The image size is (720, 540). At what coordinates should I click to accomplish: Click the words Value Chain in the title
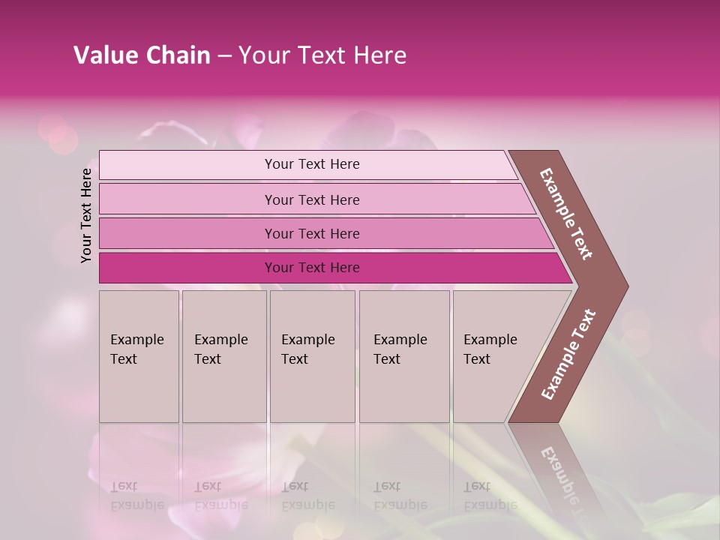(142, 55)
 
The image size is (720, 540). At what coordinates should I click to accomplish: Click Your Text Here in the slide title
(322, 55)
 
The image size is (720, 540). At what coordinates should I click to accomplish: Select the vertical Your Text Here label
(86, 215)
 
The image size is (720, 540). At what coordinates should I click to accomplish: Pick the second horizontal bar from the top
(312, 199)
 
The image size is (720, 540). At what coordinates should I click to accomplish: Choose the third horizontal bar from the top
(312, 233)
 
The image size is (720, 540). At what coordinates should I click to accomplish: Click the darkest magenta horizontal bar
(312, 268)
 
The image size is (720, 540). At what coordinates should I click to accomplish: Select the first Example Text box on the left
(139, 355)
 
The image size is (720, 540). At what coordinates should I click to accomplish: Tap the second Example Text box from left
(223, 355)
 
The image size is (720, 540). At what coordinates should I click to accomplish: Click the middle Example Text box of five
(312, 355)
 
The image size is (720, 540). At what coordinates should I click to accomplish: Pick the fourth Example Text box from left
(403, 355)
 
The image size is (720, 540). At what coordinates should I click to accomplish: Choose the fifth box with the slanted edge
(495, 355)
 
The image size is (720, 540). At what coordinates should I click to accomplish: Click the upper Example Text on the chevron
(566, 214)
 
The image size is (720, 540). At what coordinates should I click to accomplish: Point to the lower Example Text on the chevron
(568, 355)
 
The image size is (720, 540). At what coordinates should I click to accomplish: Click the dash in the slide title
(224, 55)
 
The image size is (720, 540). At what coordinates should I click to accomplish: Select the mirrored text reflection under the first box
(137, 496)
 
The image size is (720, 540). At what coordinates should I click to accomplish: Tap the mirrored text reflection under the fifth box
(490, 496)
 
